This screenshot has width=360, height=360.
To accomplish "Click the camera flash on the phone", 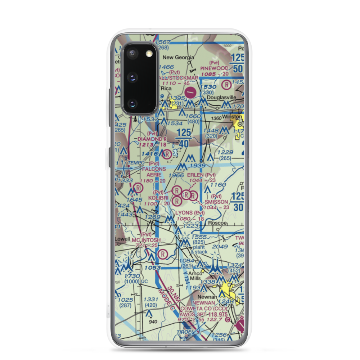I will (x=149, y=54).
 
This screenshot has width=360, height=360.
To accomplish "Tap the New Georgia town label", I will (x=179, y=57).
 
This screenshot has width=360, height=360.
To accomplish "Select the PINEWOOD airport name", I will (x=215, y=68).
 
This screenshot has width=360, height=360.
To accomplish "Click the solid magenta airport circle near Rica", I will (x=190, y=92).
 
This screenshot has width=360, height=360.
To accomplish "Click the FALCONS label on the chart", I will (x=154, y=168).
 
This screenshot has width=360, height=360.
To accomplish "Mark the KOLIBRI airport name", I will (x=159, y=198).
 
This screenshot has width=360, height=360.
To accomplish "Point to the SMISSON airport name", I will (x=216, y=202).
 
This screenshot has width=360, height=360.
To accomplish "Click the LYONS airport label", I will (x=184, y=213).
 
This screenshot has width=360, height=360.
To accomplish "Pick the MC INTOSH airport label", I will (x=146, y=240).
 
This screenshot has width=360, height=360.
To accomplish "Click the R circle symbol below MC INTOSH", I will (x=163, y=254).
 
